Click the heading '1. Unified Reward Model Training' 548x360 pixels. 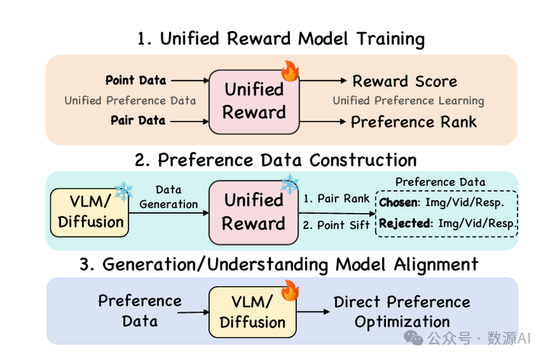pyautogui.click(x=281, y=39)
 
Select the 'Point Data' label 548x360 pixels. pyautogui.click(x=134, y=80)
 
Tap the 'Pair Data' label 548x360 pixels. pyautogui.click(x=139, y=120)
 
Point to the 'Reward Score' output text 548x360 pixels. pyautogui.click(x=404, y=81)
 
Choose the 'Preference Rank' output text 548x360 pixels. pyautogui.click(x=414, y=121)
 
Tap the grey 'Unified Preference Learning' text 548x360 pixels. pyautogui.click(x=408, y=100)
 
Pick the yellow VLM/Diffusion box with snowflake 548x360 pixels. pyautogui.click(x=90, y=211)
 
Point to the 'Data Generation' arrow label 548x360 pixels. pyautogui.click(x=169, y=197)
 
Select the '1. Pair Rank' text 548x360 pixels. pyautogui.click(x=336, y=199)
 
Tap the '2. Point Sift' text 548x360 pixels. pyautogui.click(x=337, y=225)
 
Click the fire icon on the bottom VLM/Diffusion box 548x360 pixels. pyautogui.click(x=290, y=290)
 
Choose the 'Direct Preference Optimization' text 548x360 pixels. pyautogui.click(x=402, y=311)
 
